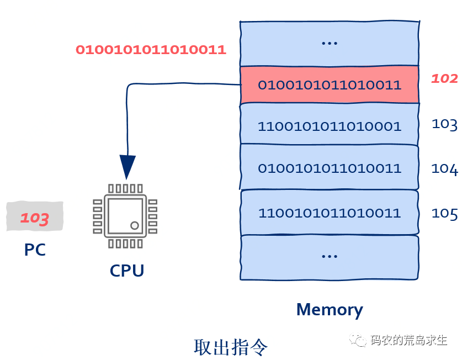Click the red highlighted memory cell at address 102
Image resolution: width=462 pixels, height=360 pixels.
click(330, 85)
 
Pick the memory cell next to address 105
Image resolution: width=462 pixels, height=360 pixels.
click(330, 212)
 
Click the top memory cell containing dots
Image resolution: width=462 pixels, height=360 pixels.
click(330, 43)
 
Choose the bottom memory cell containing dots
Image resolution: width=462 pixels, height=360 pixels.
click(330, 256)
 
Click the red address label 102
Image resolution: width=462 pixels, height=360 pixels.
click(444, 78)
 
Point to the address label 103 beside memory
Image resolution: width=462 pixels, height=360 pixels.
click(444, 123)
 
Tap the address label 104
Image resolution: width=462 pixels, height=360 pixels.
click(444, 168)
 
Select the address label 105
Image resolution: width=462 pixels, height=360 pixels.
click(444, 213)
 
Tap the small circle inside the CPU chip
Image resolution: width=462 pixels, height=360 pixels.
click(134, 225)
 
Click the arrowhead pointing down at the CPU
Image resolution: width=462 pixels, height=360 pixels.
click(128, 166)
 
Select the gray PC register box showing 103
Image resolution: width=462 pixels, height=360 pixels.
click(35, 217)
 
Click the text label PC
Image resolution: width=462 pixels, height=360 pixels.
click(35, 250)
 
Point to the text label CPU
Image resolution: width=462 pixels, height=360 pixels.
click(127, 271)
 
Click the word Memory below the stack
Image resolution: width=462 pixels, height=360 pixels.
click(330, 309)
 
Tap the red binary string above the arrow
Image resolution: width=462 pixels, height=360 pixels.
click(151, 50)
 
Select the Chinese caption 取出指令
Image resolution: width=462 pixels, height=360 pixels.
click(231, 346)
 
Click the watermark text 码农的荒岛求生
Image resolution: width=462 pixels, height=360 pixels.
click(408, 340)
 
